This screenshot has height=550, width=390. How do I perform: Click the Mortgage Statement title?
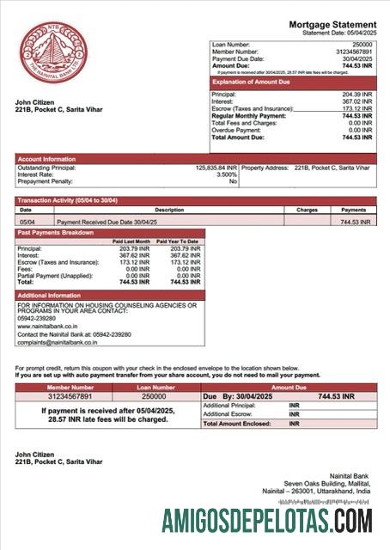(332, 25)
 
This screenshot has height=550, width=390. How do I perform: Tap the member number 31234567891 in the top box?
(353, 51)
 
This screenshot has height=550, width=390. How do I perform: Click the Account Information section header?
(47, 158)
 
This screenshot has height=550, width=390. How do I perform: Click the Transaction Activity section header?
(68, 200)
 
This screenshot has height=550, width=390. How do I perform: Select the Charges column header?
(307, 210)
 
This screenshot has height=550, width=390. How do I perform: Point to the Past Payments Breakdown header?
(57, 233)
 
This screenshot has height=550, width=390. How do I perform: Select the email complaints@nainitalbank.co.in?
(57, 342)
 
